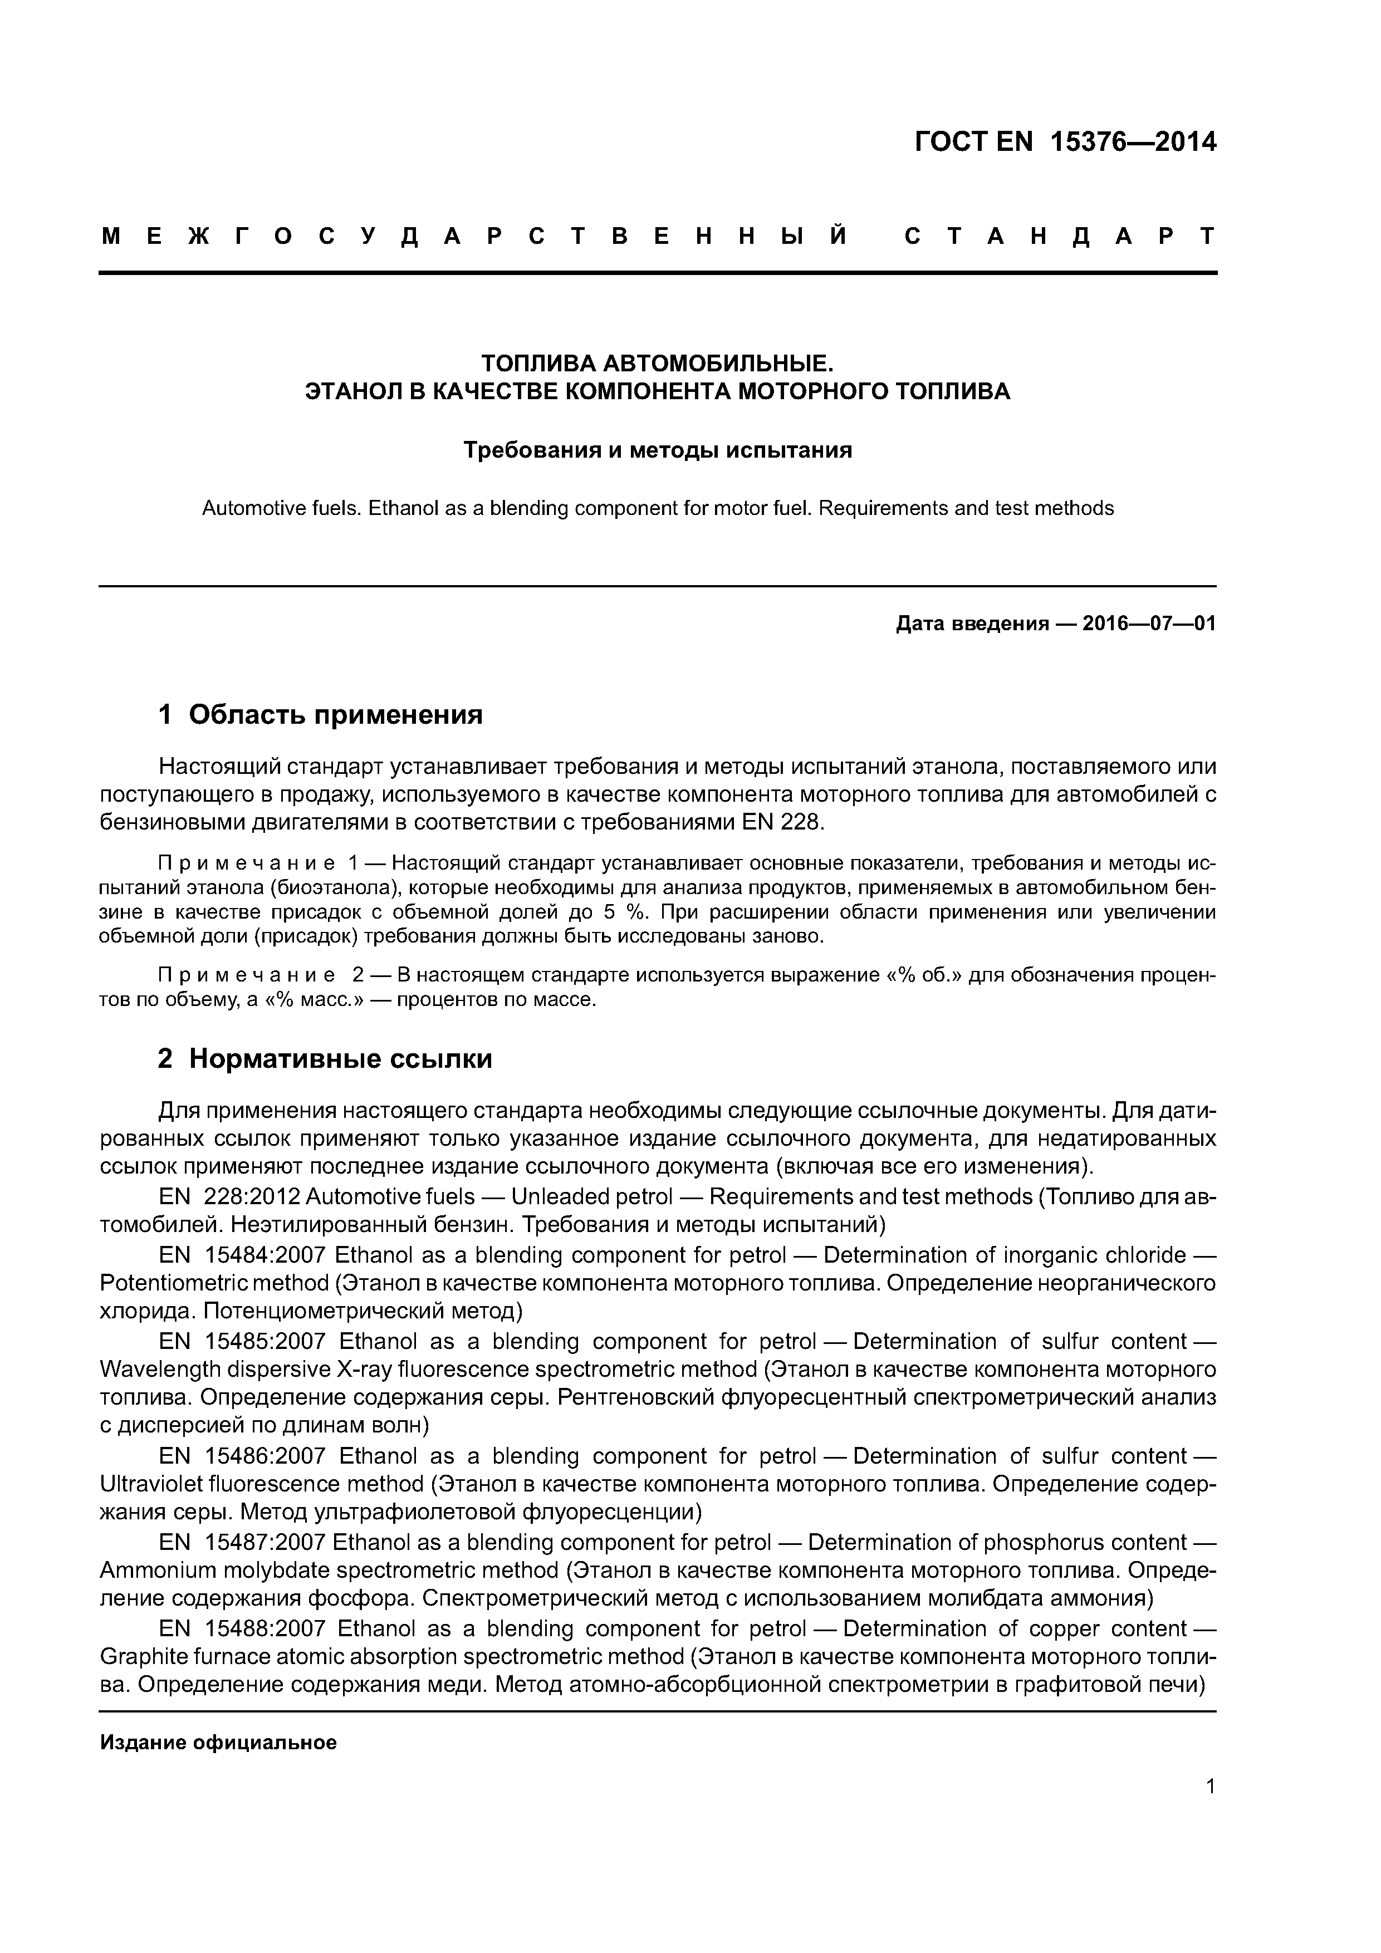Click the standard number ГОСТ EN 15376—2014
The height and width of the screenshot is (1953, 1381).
[x=1065, y=142]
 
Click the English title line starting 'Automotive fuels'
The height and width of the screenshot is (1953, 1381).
[x=657, y=509]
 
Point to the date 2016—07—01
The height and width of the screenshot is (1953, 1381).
[x=1149, y=624]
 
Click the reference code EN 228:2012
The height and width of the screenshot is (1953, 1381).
[x=230, y=1197]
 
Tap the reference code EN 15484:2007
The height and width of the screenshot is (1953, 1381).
[x=242, y=1255]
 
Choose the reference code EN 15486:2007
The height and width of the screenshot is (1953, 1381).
[x=242, y=1456]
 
